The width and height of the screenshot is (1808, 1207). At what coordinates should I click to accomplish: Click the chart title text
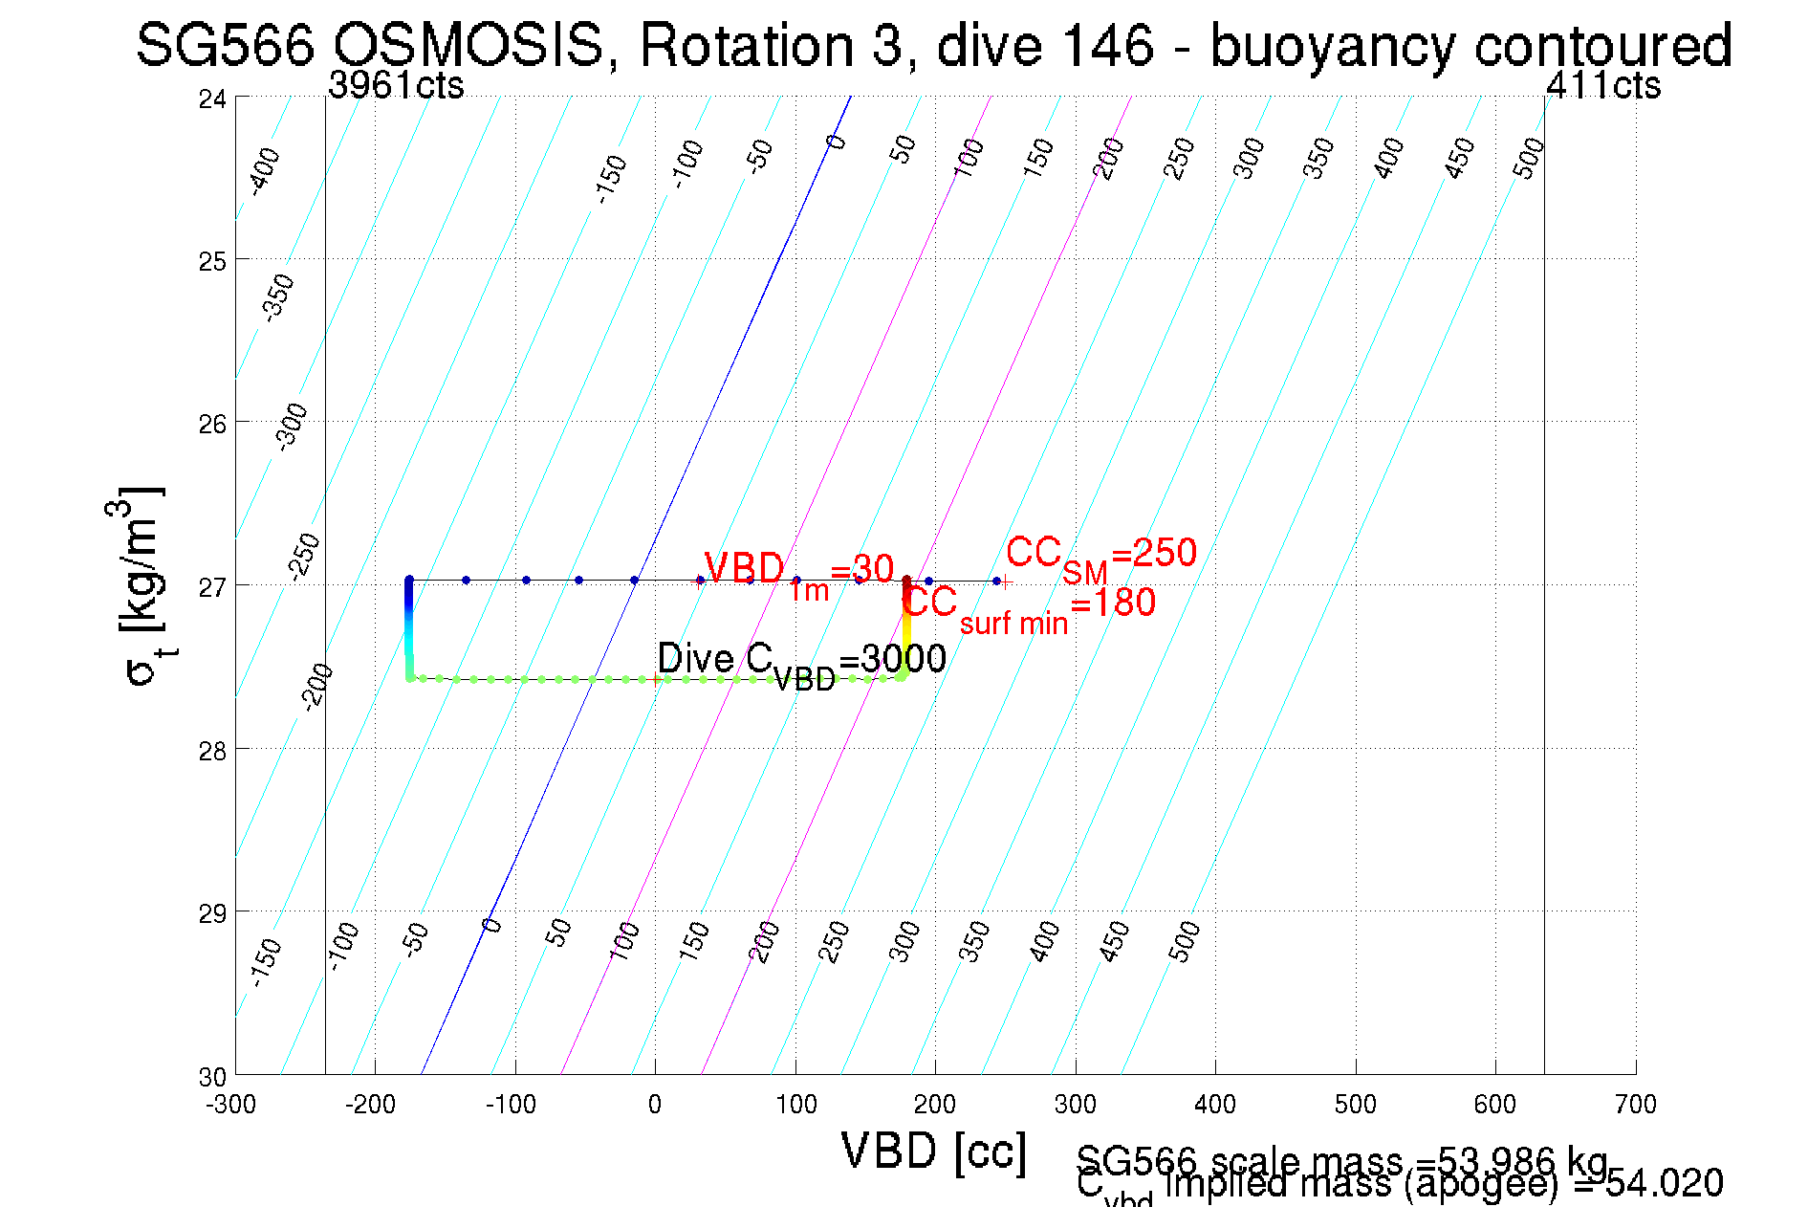tap(933, 45)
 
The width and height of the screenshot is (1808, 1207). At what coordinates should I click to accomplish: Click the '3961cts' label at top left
tap(396, 85)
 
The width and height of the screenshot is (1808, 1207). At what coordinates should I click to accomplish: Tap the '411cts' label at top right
tap(1603, 85)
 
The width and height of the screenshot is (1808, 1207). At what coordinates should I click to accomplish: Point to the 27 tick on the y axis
tap(212, 586)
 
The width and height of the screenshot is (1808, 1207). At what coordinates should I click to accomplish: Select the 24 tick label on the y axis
tap(212, 99)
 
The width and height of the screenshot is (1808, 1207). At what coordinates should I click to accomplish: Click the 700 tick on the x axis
tap(1635, 1105)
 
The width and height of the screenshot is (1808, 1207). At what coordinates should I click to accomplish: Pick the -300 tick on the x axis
tap(231, 1105)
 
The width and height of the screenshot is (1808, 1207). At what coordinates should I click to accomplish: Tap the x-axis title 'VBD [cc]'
tap(933, 1151)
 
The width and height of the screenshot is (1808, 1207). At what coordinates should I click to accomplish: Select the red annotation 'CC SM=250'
tap(1100, 556)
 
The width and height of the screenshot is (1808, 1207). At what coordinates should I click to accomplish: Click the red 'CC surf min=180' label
tap(1029, 605)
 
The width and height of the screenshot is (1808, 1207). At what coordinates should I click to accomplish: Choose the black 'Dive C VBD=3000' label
tap(801, 661)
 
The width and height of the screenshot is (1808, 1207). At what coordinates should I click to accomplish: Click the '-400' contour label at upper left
tap(265, 171)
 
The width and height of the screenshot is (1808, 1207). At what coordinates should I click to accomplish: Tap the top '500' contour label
tap(1529, 158)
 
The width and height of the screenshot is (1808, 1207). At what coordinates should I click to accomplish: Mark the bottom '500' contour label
tap(1184, 941)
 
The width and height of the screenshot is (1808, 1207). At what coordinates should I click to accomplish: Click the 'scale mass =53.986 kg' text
tap(1342, 1161)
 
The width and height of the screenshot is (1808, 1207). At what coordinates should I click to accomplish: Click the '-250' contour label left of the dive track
tap(305, 558)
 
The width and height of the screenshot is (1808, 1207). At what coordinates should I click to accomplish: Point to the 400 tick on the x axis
tap(1215, 1105)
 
